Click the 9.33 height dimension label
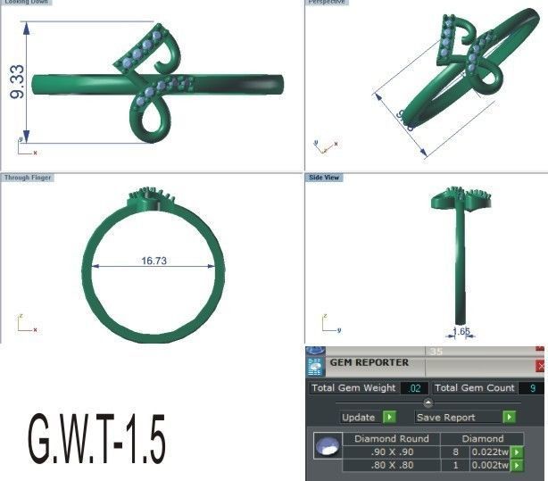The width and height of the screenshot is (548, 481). click(16, 81)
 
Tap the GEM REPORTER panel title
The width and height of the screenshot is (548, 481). click(369, 363)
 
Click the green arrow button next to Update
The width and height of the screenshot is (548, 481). click(389, 417)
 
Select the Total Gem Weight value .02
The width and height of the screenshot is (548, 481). click(414, 388)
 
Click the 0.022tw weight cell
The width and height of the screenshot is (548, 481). click(490, 452)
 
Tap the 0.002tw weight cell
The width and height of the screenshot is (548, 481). click(490, 465)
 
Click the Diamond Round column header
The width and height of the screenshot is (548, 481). click(392, 438)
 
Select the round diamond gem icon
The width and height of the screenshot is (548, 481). click(327, 446)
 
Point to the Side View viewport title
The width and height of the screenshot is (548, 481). click(324, 178)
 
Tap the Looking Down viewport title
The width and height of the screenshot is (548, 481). click(26, 3)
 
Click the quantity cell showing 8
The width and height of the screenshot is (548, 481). click(454, 452)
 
